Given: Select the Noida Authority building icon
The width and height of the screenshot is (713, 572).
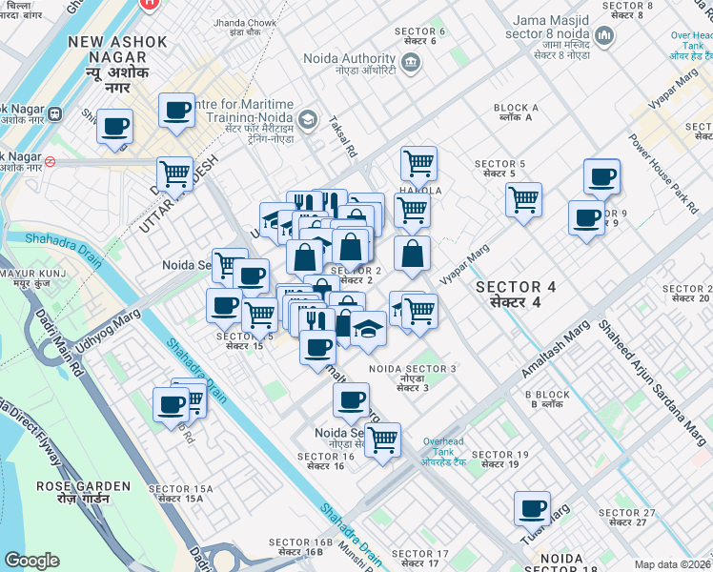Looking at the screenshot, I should coord(411,65).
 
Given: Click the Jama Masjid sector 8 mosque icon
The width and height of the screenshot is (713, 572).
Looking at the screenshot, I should coord(602,37).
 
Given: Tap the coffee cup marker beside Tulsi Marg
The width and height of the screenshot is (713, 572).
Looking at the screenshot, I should coord(532,509).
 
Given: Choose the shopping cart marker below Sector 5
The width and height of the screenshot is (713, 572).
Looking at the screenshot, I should coord(523,201).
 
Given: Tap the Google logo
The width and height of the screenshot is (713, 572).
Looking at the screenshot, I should coord(31,561).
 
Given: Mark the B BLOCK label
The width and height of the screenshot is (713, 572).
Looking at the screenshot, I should coord(547,395).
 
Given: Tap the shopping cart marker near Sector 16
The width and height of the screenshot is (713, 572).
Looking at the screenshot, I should coord(382,441).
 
